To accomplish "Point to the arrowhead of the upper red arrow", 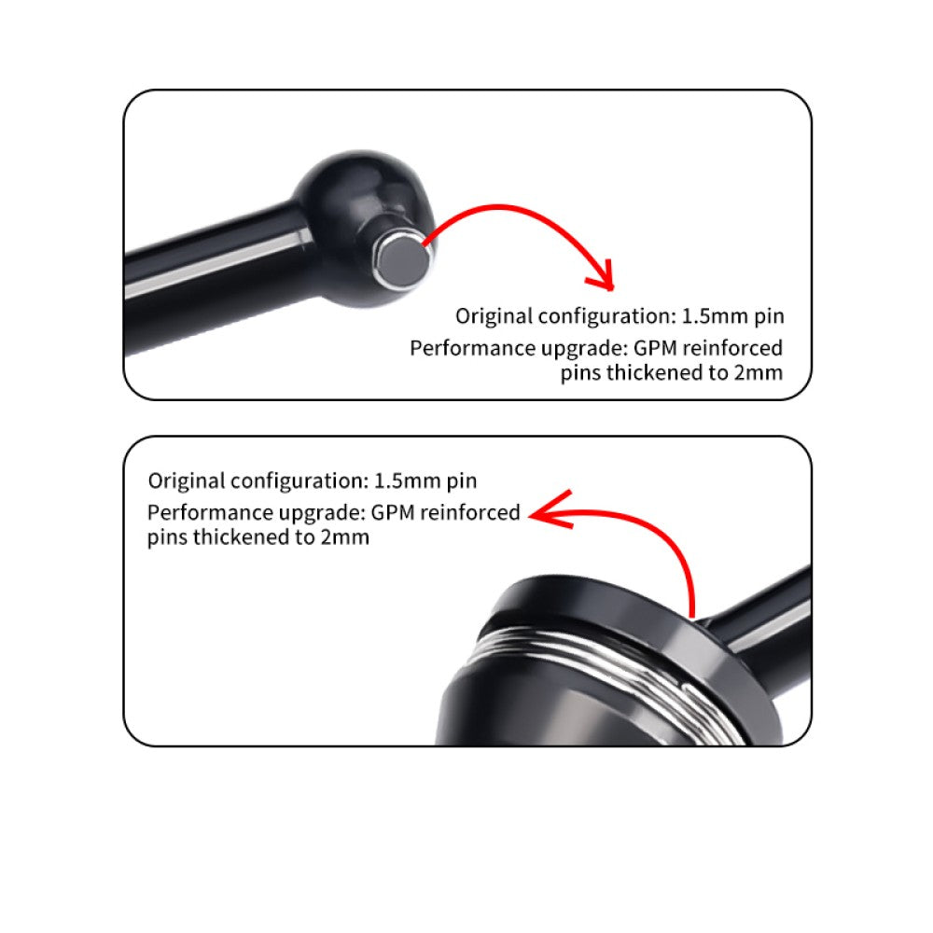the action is (x=601, y=277).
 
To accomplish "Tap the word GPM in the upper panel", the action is (x=655, y=348).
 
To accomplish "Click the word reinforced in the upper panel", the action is (x=733, y=348).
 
